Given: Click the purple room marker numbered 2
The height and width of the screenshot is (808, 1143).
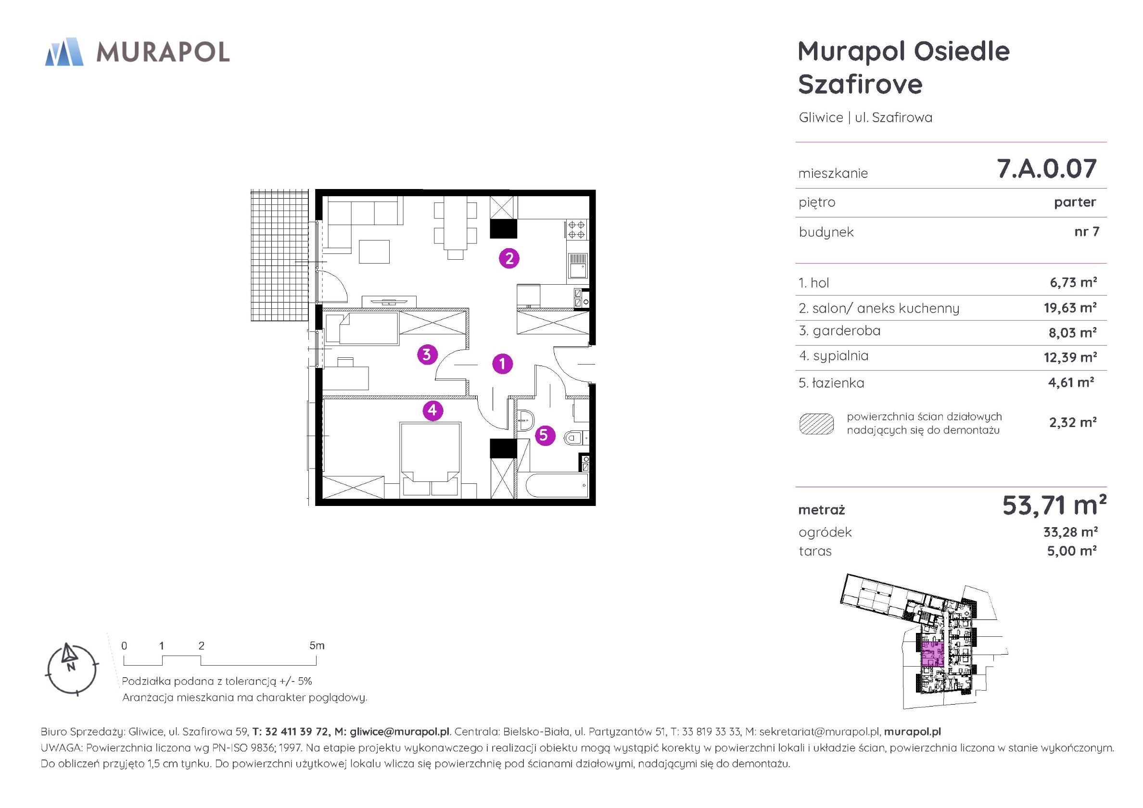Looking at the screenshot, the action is pyautogui.click(x=509, y=258).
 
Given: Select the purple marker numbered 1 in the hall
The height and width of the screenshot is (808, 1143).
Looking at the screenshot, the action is pyautogui.click(x=502, y=364).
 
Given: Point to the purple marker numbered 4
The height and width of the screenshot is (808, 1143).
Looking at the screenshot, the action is pyautogui.click(x=432, y=410).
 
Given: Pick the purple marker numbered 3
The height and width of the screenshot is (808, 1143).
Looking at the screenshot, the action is pyautogui.click(x=427, y=354).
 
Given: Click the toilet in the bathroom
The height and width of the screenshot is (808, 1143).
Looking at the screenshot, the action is pyautogui.click(x=576, y=438).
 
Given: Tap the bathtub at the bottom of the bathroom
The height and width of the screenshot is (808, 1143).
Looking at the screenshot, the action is pyautogui.click(x=553, y=485).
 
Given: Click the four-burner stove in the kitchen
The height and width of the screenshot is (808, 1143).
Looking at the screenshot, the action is pyautogui.click(x=576, y=230).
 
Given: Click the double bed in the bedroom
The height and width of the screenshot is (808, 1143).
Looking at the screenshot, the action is pyautogui.click(x=430, y=459).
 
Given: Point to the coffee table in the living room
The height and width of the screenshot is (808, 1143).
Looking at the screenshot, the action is pyautogui.click(x=374, y=252).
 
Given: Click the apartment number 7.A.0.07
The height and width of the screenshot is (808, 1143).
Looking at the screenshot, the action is pyautogui.click(x=1046, y=169).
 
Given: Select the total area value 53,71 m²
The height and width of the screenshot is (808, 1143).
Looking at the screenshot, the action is pyautogui.click(x=1054, y=506).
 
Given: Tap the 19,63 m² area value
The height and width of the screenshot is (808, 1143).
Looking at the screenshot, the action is pyautogui.click(x=1070, y=308).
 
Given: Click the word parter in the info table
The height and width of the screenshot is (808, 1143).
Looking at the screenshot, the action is pyautogui.click(x=1075, y=202).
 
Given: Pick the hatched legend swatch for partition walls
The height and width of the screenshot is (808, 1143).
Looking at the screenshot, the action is pyautogui.click(x=816, y=424).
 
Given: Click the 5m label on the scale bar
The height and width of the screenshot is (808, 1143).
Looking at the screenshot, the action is pyautogui.click(x=317, y=646).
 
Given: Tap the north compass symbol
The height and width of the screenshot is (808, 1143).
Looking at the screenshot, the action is pyautogui.click(x=71, y=668).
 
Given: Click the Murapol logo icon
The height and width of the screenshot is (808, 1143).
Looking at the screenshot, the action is pyautogui.click(x=64, y=52).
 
